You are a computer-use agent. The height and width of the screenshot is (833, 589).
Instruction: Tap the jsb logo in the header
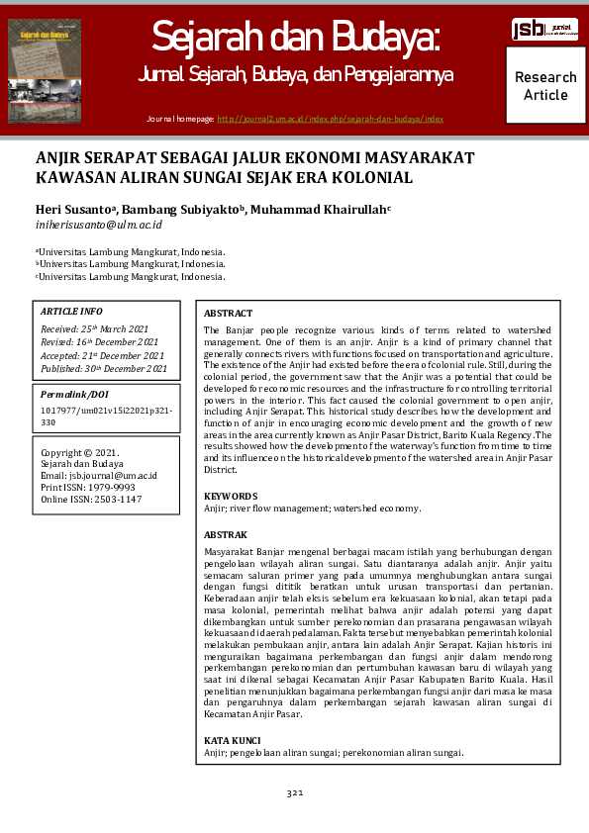click(x=544, y=29)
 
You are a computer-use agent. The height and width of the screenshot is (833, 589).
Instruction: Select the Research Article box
click(x=545, y=86)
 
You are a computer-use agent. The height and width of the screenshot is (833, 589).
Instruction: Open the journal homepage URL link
click(x=330, y=119)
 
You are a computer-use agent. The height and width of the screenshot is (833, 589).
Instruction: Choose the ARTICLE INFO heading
click(x=71, y=311)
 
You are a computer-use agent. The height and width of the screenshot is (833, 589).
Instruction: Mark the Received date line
click(x=95, y=328)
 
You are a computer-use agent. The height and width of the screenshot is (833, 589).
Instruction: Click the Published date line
click(x=104, y=369)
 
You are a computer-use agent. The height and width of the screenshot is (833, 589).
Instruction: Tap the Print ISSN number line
click(x=88, y=488)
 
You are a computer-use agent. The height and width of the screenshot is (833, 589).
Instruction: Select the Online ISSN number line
click(x=91, y=500)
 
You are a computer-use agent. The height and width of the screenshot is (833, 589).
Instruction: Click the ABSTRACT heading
click(x=228, y=313)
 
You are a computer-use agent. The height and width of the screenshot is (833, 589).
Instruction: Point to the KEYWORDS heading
click(x=231, y=497)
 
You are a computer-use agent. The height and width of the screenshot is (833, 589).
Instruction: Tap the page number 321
click(x=294, y=793)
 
